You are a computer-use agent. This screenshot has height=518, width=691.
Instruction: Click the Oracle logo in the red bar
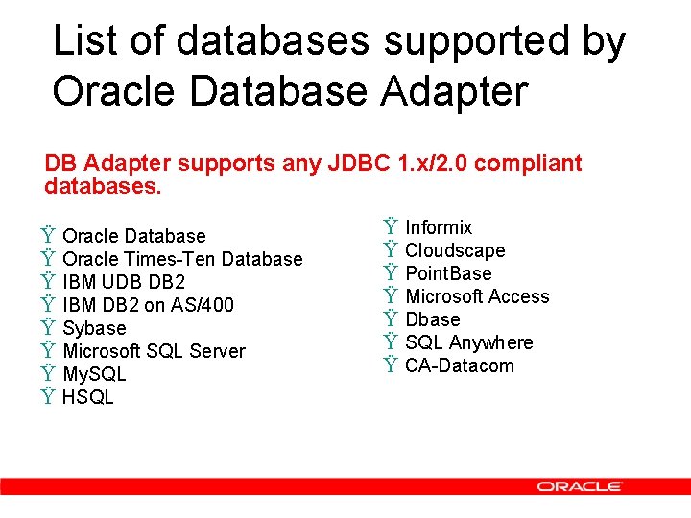(580, 486)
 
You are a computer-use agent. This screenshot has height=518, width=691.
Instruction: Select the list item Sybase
(94, 328)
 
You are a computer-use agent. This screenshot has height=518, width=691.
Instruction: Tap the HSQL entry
(87, 397)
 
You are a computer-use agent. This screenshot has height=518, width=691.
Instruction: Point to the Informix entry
(439, 227)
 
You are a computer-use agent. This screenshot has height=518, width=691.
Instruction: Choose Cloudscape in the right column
(455, 250)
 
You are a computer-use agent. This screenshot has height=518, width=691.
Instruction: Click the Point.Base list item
(448, 273)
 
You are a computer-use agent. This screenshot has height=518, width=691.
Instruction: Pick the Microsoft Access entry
(477, 296)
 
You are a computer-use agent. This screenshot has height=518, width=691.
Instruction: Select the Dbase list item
(433, 319)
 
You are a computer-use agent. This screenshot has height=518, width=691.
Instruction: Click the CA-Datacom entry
(460, 365)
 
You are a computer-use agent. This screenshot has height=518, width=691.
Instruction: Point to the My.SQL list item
(94, 374)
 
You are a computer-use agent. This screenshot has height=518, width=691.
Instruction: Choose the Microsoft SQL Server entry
(154, 351)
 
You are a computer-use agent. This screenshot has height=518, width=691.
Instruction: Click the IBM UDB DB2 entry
(124, 282)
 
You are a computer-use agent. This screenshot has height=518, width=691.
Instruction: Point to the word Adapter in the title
(455, 91)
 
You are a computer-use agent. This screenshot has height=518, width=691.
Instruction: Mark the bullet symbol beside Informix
(391, 227)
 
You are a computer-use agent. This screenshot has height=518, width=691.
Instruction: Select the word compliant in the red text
(528, 164)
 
